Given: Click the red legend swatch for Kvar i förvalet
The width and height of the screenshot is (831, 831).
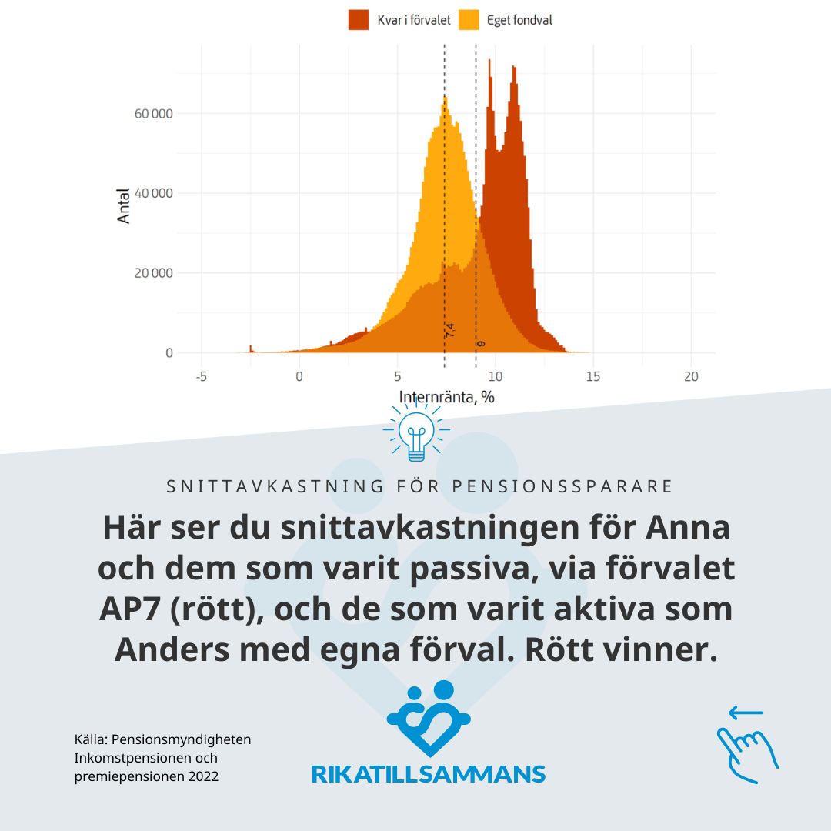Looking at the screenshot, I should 359,20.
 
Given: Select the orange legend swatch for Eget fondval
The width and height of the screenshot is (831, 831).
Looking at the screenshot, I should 469,20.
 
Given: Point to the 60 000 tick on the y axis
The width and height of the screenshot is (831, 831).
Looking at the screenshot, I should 152,114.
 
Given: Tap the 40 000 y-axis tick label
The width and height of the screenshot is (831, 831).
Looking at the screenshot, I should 152,193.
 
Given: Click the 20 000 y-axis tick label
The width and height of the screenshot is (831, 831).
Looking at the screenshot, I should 152,273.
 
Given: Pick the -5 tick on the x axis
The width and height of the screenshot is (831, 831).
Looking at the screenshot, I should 201,376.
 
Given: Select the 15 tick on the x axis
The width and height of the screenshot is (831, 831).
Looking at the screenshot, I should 593,376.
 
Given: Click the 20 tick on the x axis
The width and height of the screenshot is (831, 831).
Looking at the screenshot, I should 691,376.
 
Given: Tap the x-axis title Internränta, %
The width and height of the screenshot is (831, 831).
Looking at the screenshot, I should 446,397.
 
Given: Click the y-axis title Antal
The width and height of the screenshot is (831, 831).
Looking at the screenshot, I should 124,207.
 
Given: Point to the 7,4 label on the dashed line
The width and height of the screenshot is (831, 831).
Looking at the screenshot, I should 451,331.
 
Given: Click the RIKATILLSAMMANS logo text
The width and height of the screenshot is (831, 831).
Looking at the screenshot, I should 428,773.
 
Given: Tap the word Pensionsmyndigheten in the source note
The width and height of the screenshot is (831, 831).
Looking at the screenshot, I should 182,739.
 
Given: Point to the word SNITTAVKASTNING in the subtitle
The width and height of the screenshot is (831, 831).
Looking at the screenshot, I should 275,486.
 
